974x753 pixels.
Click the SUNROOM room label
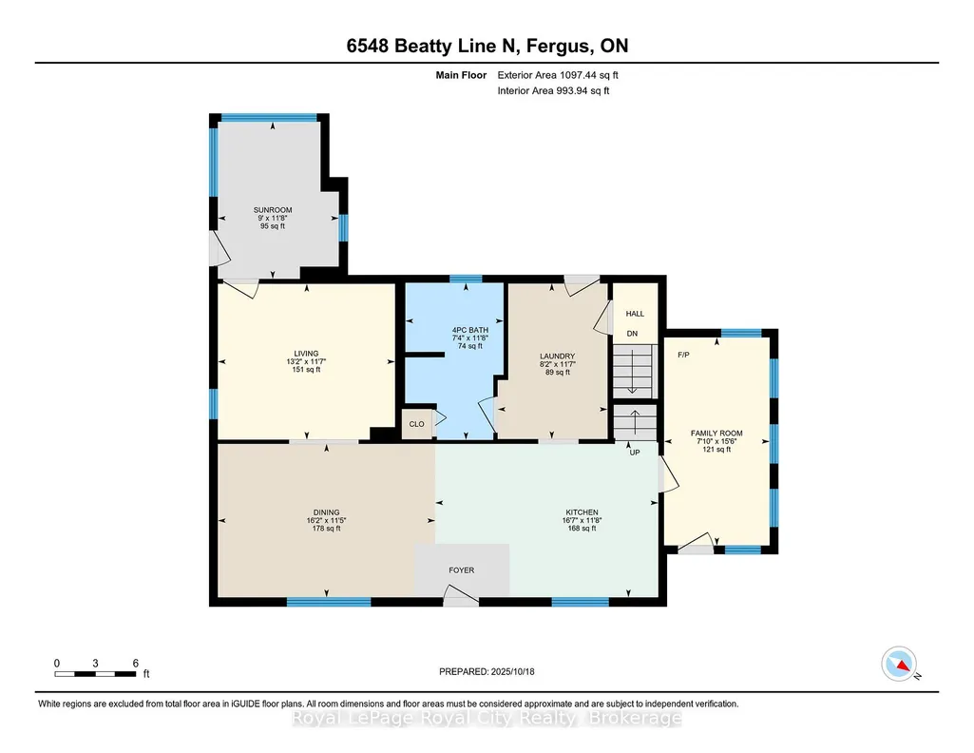coord(273,210)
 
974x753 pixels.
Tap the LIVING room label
coord(306,354)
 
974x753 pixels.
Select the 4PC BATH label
coord(470,330)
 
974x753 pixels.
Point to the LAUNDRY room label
coord(557,356)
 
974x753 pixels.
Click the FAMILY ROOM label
coord(716,433)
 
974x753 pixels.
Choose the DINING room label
coord(326,512)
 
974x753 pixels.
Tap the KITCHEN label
coord(582,512)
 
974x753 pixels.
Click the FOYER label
coord(462,570)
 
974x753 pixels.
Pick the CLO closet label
coord(416,424)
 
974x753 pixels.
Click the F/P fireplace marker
coord(683,355)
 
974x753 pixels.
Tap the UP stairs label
coord(634,453)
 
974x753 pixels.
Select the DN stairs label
coord(632,334)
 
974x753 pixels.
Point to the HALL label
coord(635,314)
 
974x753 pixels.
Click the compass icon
coord(899,664)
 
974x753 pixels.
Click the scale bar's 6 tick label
coord(136,663)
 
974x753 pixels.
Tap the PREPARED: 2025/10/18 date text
coord(487,671)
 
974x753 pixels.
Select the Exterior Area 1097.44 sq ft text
coord(558,75)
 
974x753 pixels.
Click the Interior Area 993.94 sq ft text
coord(553,90)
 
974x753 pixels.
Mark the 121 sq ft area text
coord(716,449)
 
